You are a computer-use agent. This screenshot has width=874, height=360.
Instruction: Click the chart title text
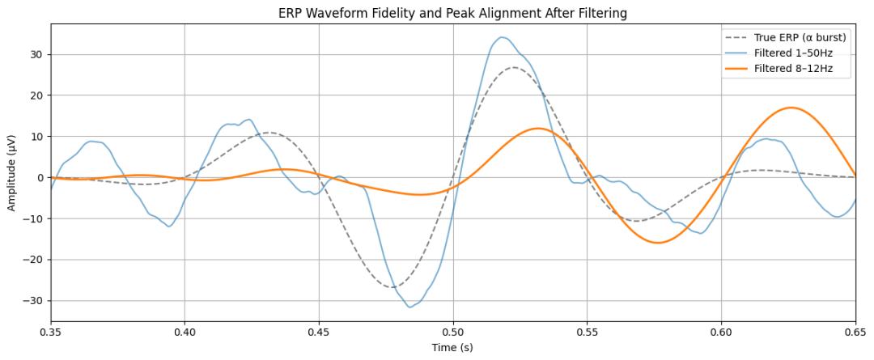click(452, 13)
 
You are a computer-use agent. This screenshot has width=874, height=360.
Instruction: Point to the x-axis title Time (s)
click(452, 348)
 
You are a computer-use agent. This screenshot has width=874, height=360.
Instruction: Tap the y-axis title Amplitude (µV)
click(12, 173)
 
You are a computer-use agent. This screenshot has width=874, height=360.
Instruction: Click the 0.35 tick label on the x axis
click(51, 331)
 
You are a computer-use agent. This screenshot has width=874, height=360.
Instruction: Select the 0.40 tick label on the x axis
click(185, 331)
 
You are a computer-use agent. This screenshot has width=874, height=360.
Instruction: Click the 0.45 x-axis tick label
click(319, 331)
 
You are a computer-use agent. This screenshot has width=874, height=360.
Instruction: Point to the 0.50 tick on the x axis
click(453, 331)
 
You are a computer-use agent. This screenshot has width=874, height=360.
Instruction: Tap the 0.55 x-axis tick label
click(587, 331)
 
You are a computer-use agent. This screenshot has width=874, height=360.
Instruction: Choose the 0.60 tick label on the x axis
click(721, 331)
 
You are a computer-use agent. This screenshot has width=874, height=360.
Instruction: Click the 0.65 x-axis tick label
click(855, 331)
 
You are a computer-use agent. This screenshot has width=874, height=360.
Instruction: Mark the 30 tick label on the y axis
click(36, 54)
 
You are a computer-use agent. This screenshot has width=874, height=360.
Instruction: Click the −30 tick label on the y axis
click(33, 300)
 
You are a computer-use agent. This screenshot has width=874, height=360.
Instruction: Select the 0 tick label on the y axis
click(40, 177)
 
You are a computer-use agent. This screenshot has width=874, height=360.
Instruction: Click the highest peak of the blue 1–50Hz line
click(502, 37)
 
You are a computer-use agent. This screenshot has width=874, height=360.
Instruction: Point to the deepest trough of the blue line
click(410, 307)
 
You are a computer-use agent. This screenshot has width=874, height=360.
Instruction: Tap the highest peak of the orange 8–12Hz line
click(791, 108)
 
